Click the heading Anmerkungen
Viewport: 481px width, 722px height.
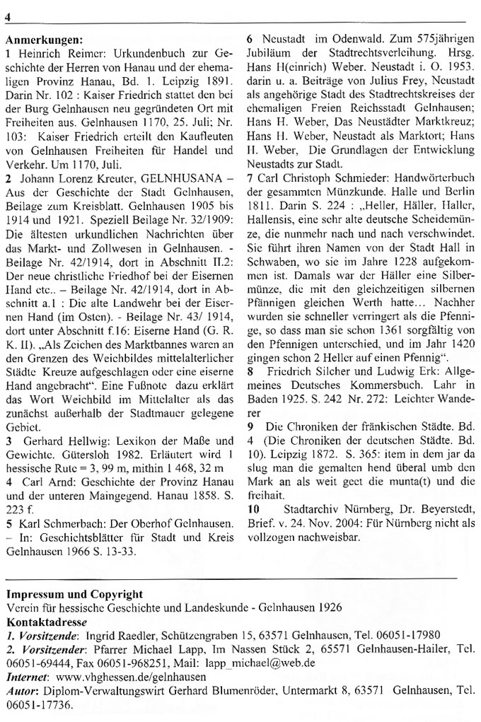(x=44, y=40)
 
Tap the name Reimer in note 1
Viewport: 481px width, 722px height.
(x=76, y=53)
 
